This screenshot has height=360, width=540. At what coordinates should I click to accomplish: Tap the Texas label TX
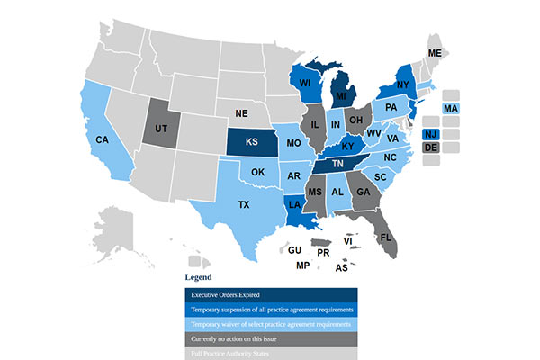(243, 205)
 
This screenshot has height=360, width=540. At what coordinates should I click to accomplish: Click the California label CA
(103, 140)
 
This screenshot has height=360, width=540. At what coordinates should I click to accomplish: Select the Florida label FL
(386, 238)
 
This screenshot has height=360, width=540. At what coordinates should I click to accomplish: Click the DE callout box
(430, 148)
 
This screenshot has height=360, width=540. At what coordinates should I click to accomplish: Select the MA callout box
(451, 109)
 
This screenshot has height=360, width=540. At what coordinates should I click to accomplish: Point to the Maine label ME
(435, 54)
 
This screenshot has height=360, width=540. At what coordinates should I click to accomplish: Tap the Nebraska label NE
(240, 114)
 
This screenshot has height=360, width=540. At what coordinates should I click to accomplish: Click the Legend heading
(198, 276)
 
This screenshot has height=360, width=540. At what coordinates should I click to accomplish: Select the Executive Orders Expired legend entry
(271, 295)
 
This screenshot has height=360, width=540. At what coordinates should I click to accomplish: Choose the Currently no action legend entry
(271, 338)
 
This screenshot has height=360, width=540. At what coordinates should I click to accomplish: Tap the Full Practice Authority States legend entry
(271, 353)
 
